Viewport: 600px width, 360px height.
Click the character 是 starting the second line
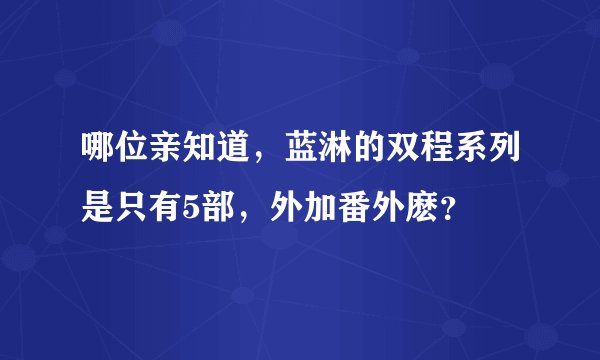[99, 208]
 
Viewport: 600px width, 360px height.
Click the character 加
[321, 208]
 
